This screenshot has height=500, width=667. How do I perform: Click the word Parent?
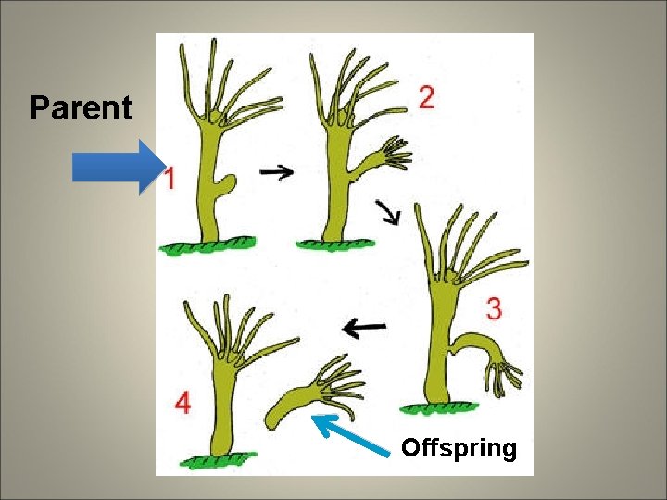82,108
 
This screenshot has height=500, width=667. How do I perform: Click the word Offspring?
459,449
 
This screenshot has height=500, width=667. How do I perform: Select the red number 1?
170,177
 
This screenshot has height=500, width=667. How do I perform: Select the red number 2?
426,98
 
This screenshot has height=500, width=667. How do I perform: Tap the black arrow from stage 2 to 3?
390,213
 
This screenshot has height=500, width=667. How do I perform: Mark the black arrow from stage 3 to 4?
364,327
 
